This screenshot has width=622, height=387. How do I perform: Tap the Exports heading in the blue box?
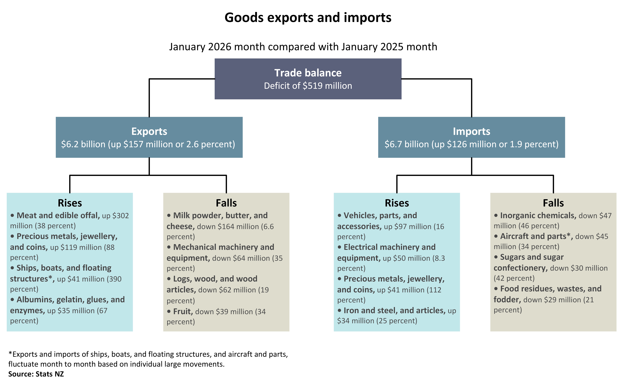pos(149,131)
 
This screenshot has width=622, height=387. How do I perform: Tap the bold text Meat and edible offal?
pos(58,216)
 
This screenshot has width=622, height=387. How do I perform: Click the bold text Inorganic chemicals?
pos(538,216)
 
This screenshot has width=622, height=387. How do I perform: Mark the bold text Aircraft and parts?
pos(536,236)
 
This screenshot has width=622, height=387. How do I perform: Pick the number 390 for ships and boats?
pos(115,279)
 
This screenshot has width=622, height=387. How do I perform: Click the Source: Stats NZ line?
pos(36,374)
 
